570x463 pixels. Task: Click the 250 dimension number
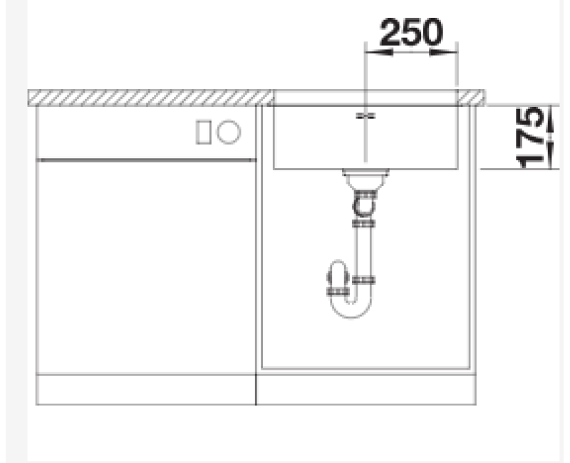(x=411, y=32)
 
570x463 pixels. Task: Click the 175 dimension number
(x=530, y=137)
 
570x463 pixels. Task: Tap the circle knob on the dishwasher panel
(x=229, y=132)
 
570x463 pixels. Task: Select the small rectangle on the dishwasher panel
(x=204, y=132)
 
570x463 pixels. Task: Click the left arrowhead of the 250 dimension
(x=379, y=52)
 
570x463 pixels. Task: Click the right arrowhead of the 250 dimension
(x=443, y=52)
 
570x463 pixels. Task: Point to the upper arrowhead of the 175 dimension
(x=550, y=118)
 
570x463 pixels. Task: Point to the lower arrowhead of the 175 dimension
(x=550, y=156)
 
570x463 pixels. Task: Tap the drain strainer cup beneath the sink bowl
(x=366, y=180)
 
